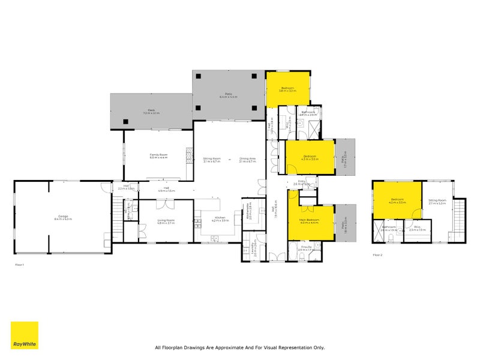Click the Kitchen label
click(220, 220)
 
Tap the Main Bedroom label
click(310, 221)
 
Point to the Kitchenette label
click(248, 212)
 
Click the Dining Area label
click(247, 159)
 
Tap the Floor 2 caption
click(378, 255)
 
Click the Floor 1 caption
click(20, 264)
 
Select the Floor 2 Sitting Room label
click(437, 202)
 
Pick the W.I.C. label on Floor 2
click(417, 229)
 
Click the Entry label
click(299, 184)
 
